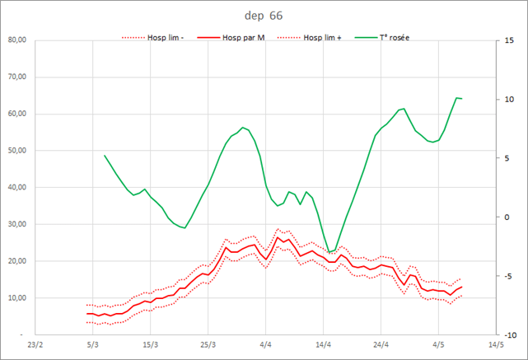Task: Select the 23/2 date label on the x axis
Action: tap(35, 345)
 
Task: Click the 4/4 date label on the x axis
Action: tap(265, 345)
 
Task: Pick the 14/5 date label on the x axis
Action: tap(496, 345)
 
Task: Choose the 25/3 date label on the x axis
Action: tap(208, 345)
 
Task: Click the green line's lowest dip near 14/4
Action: tap(329, 252)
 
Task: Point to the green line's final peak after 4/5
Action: tap(456, 98)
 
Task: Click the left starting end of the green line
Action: tap(105, 155)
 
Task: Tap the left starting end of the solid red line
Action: tap(86, 314)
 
